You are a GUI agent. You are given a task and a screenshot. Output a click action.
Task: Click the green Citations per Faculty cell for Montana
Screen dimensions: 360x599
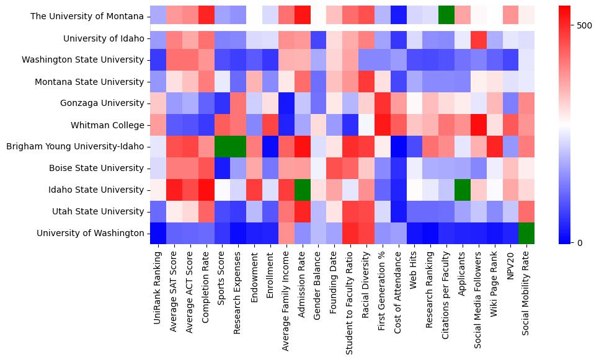(445, 16)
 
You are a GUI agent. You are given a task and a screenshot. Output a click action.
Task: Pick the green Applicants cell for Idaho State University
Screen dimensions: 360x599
(461, 190)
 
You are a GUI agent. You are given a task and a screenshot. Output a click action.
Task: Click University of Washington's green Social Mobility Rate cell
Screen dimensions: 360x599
(526, 234)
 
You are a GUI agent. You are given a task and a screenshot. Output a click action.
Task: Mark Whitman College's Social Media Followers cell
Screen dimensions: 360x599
(477, 125)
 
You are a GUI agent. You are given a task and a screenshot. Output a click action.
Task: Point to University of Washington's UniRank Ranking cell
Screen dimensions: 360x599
(158, 234)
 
